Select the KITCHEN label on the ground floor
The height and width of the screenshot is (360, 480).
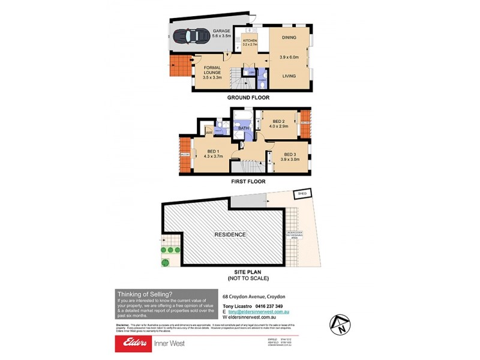[249, 41]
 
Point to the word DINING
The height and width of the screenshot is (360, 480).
[288, 37]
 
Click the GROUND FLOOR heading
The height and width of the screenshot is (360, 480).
[248, 97]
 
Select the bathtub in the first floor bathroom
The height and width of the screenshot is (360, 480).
[244, 117]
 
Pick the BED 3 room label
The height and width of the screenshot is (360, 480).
[290, 154]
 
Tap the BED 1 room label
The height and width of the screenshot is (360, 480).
[212, 152]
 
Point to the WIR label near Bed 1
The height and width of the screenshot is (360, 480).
[209, 133]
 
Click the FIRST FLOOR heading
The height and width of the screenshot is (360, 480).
[248, 181]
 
